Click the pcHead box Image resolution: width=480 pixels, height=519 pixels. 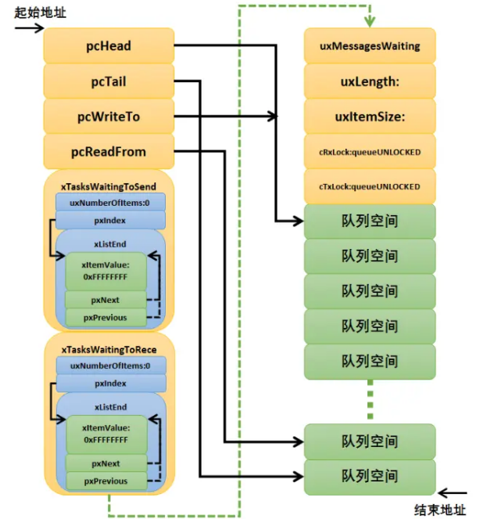tap(109, 46)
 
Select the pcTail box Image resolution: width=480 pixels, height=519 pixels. tap(109, 81)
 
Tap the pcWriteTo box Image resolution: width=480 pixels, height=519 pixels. tap(109, 117)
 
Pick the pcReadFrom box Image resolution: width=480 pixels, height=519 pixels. tap(109, 152)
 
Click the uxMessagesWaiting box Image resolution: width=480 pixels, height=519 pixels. tap(370, 46)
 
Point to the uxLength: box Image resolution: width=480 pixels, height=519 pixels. tap(370, 81)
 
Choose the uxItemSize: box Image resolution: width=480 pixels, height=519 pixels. tap(370, 117)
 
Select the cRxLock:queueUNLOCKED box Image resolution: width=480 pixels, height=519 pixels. tap(370, 152)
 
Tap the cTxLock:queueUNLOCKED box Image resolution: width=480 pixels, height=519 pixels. tap(370, 187)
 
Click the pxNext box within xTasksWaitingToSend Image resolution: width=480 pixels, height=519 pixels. tap(106, 300)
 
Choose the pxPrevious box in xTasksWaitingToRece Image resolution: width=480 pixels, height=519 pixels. tap(106, 481)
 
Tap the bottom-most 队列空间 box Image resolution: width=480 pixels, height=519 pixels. tap(370, 475)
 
